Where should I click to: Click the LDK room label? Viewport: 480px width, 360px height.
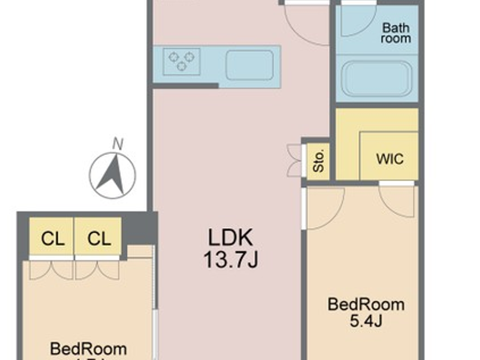click(230, 237)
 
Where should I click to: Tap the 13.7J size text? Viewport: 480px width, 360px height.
click(230, 260)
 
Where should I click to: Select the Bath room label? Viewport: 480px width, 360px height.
click(396, 33)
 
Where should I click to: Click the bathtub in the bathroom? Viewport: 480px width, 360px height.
click(376, 79)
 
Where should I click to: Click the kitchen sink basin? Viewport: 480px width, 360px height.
click(249, 65)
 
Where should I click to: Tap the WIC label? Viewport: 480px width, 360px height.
click(390, 159)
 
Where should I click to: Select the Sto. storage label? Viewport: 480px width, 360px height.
click(319, 161)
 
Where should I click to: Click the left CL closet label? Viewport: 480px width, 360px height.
click(52, 239)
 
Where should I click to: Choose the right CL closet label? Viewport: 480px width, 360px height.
click(99, 239)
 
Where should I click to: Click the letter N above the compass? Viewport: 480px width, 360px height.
click(118, 144)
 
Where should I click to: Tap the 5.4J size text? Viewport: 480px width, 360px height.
click(366, 321)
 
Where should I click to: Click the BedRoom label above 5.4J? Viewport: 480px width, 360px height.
click(366, 304)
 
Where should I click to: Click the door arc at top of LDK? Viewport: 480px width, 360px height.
click(306, 26)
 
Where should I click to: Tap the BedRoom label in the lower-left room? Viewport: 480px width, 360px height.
click(88, 349)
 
